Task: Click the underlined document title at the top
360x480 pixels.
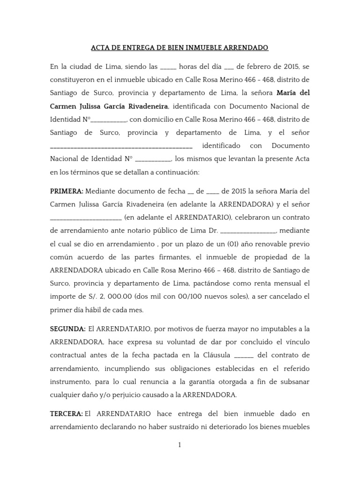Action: tap(180, 48)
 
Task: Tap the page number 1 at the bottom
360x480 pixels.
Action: tap(180, 445)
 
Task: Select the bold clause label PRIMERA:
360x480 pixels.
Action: tap(67, 191)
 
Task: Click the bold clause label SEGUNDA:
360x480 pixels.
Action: tap(67, 329)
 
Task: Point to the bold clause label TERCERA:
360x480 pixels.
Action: tap(66, 414)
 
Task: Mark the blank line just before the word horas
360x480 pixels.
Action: tap(168, 67)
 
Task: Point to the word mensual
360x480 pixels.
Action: tap(288, 284)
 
